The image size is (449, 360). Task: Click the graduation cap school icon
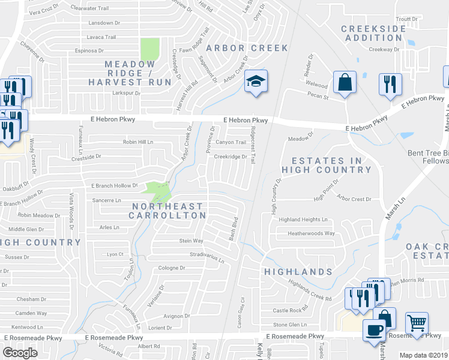[255, 82]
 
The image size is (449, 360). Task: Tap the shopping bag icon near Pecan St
[345, 83]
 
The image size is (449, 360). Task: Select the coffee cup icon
[375, 331]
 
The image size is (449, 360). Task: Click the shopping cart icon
[416, 323]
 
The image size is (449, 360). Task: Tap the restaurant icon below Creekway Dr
[390, 85]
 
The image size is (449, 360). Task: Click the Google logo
[20, 353]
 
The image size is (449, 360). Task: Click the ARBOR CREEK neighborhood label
[247, 47]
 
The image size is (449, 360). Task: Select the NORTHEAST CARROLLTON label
[168, 211]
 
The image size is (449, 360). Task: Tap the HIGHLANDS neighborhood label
[298, 272]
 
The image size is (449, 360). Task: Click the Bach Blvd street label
[234, 229]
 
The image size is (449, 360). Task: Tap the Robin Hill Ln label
[138, 142]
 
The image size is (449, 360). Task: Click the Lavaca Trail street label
[101, 37]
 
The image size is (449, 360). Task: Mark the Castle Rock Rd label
[290, 310]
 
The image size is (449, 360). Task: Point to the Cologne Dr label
[172, 268]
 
